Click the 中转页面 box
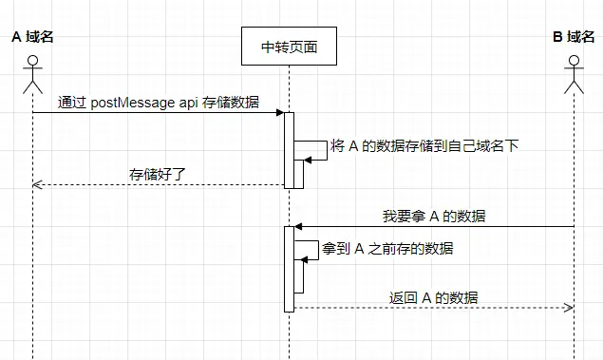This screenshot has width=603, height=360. coord(289,47)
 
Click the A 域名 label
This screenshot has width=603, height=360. coord(32,37)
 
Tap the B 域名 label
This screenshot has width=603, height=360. coord(574,37)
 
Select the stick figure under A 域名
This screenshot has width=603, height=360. coord(32,74)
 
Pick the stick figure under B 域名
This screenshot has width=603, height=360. coord(574,74)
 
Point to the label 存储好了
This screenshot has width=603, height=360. coord(157,174)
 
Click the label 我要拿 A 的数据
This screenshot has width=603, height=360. coord(434,216)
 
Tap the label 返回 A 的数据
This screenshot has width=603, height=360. coord(433,297)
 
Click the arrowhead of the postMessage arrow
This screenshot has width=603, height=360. coord(280,113)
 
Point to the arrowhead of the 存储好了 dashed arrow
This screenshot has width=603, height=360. coord(37,184)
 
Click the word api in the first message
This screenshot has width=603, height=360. coord(189,103)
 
